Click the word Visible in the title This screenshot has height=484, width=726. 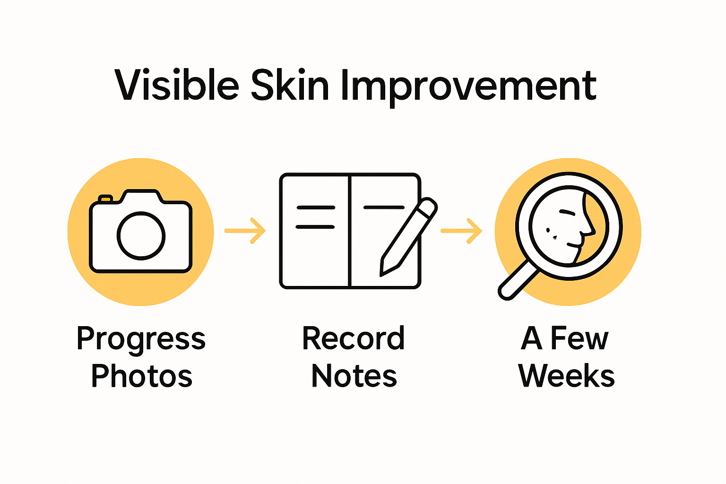pos(177,86)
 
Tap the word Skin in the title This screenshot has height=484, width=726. pos(289,86)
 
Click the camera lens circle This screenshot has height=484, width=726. pos(141,235)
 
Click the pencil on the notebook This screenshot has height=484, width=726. pos(409,236)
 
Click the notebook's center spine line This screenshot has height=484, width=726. pos(350,231)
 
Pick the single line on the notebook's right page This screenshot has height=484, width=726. pos(383,207)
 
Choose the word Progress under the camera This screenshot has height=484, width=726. pos(141,339)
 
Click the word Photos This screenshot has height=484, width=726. pos(142,376)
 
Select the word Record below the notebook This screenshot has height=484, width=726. pos(354,338)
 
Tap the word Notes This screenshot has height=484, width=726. pos(354,376)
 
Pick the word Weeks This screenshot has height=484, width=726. pos(567,376)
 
